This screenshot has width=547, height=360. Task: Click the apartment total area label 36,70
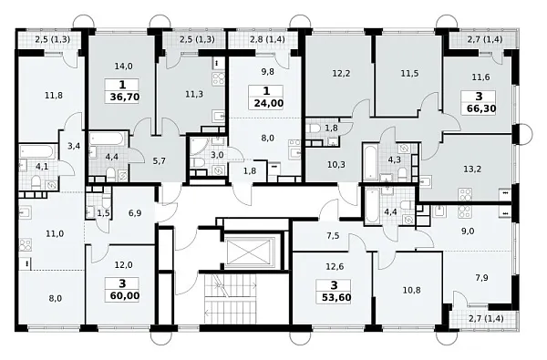tap(125, 97)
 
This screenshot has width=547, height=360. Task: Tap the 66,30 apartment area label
tap(481, 108)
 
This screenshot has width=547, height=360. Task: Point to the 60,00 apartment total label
tap(125, 296)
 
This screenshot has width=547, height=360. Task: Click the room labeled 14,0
tap(123, 66)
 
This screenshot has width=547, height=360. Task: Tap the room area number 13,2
tap(472, 170)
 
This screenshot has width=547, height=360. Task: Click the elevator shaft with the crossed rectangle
tap(248, 252)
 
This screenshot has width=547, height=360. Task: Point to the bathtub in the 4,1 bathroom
tap(37, 151)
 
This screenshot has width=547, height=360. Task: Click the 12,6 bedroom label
tap(335, 266)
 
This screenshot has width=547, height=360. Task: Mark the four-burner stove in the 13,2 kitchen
tap(465, 195)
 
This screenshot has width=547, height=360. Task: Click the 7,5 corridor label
tap(333, 236)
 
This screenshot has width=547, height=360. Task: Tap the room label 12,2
tap(341, 74)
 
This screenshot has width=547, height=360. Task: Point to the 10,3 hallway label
tap(336, 164)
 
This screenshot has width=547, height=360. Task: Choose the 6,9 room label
tap(135, 212)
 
